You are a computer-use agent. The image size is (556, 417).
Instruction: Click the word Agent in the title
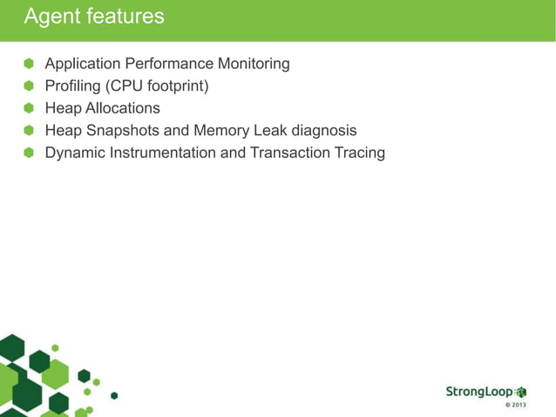(51, 17)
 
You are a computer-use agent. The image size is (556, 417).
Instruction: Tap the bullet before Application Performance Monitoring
(28, 64)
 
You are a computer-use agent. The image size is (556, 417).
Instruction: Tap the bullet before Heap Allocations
(28, 108)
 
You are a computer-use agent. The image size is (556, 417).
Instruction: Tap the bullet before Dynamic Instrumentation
(28, 153)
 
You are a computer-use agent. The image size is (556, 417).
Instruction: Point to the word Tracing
(359, 153)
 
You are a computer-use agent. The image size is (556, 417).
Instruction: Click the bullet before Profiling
(28, 86)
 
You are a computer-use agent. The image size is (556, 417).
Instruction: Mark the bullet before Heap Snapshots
(28, 131)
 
